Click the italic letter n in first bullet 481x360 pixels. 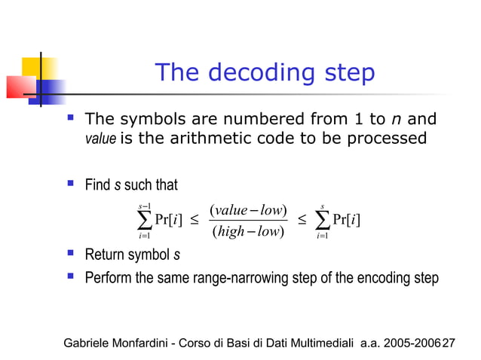(x=397, y=120)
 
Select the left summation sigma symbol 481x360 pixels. (x=143, y=220)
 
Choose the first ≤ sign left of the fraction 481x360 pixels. (x=194, y=220)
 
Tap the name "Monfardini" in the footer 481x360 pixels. (x=147, y=343)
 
